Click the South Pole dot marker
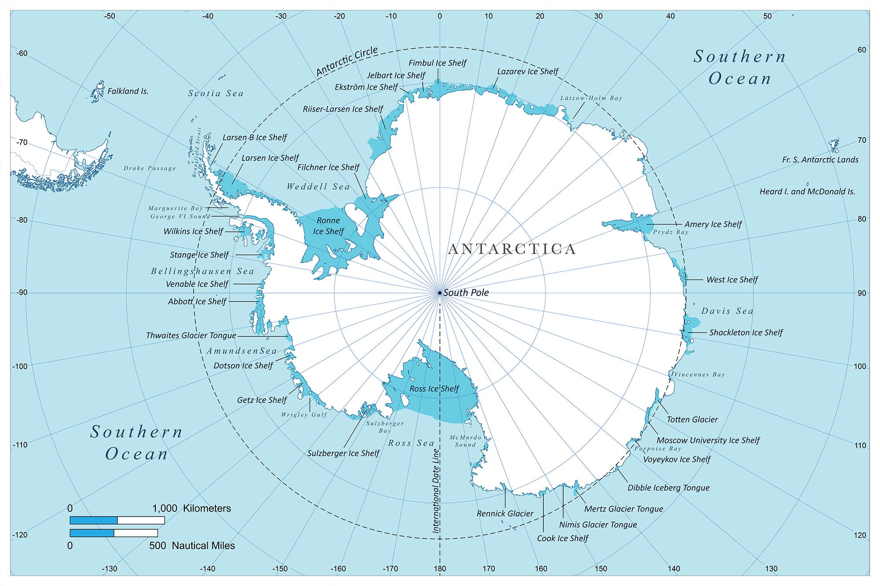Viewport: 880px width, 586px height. tap(440, 292)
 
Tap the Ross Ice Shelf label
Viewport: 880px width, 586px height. tap(434, 389)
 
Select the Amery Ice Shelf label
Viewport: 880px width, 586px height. tap(713, 224)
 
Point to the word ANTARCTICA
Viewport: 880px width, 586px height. tap(512, 249)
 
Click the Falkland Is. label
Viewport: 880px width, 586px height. tap(128, 91)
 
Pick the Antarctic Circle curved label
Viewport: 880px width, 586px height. tap(347, 61)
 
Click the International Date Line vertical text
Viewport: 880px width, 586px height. tap(436, 491)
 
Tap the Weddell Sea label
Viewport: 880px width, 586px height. tap(318, 186)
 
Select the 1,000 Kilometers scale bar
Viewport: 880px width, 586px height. tap(117, 520)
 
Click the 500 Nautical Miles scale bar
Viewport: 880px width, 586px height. tap(114, 533)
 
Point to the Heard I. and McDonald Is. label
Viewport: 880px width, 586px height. tap(807, 192)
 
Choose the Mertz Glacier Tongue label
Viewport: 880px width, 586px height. tap(623, 509)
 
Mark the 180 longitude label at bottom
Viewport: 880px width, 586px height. tap(440, 569)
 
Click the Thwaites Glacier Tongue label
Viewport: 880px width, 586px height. tap(191, 335)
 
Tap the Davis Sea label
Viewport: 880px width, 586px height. tap(727, 311)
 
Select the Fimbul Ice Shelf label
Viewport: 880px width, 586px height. tap(437, 63)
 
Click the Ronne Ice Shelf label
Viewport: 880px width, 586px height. tap(328, 226)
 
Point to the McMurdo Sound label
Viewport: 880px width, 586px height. tap(466, 441)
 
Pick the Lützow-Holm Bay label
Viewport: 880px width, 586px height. tap(591, 98)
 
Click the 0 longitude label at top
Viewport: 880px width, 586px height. tap(440, 16)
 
